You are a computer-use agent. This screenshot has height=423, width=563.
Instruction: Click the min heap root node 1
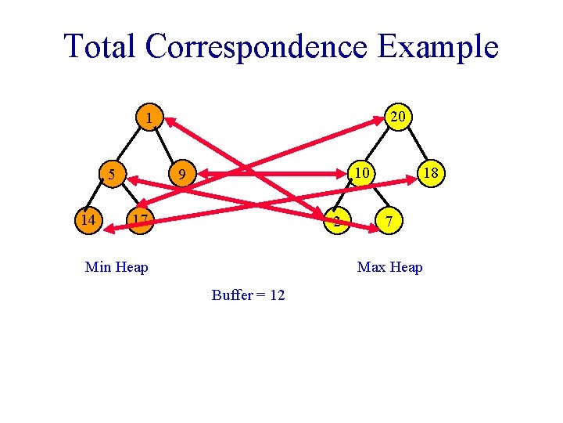coord(148,118)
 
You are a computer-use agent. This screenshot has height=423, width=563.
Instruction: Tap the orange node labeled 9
coord(181,173)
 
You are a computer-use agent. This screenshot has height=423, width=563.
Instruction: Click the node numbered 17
coord(139,220)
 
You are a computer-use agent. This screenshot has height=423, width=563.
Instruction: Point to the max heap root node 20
coord(397,117)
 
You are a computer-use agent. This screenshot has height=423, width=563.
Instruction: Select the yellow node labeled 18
coord(430,172)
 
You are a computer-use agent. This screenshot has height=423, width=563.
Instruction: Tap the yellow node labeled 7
coord(388,222)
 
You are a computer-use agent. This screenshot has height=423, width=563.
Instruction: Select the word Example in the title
coord(438,46)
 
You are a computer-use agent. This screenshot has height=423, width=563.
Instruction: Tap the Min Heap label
coord(117,268)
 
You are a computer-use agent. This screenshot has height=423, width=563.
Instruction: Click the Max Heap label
coord(389,268)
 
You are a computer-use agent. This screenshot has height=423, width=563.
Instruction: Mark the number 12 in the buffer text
coord(276,295)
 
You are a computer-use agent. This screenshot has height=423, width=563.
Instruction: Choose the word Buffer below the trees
coord(232,295)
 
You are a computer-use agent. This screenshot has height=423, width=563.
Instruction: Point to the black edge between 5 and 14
coord(100,197)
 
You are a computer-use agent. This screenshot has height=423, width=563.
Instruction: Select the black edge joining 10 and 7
coord(374,197)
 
